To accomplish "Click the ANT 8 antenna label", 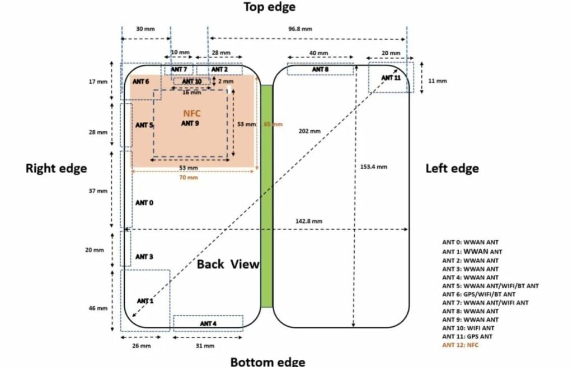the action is [320, 69].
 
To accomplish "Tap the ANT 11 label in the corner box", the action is [391, 78].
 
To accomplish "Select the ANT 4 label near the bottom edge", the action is [208, 323].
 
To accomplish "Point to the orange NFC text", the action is [192, 113].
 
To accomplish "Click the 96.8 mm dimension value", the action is [300, 29].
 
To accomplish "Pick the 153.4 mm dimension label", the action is [373, 166].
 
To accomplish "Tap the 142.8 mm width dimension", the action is [309, 221].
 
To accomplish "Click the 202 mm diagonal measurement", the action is [309, 131].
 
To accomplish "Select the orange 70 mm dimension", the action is [189, 178].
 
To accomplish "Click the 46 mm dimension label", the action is [98, 308].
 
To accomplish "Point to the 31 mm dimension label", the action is [205, 346].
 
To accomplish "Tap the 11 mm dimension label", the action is [438, 80].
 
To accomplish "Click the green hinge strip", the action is [267, 196].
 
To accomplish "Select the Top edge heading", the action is [269, 7].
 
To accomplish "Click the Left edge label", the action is [452, 168].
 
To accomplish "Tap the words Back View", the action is [228, 264].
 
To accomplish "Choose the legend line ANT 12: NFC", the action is [460, 345].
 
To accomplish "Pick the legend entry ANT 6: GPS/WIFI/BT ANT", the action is [479, 294].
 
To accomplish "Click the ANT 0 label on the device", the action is [144, 203].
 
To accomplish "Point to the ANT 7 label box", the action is [179, 69].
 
